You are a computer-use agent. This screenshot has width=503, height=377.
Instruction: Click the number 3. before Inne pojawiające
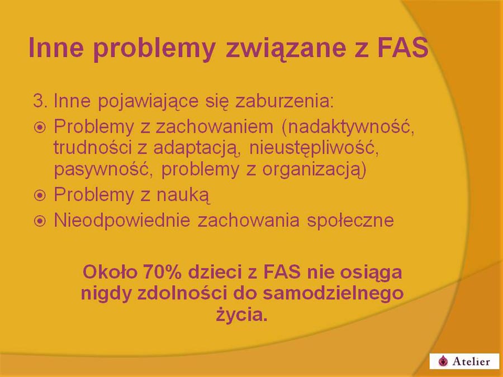[40, 101]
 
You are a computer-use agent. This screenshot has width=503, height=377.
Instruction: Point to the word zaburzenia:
[284, 101]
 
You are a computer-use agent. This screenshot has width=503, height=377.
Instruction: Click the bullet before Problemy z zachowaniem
[40, 127]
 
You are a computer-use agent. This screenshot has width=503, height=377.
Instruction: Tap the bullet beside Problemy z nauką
[40, 195]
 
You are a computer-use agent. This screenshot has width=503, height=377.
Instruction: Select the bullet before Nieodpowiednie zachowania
[40, 221]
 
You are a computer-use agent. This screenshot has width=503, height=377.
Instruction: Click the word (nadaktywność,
[348, 127]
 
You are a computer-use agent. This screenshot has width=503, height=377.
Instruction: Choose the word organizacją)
[314, 170]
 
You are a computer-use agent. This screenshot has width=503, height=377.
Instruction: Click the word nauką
[183, 195]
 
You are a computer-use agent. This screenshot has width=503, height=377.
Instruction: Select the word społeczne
[350, 221]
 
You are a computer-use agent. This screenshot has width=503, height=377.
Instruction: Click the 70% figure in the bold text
[162, 272]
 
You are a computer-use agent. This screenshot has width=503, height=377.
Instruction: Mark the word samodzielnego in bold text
[333, 294]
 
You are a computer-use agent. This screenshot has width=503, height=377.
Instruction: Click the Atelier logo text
[472, 361]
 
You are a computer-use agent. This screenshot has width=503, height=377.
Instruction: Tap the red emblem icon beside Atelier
[443, 361]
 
